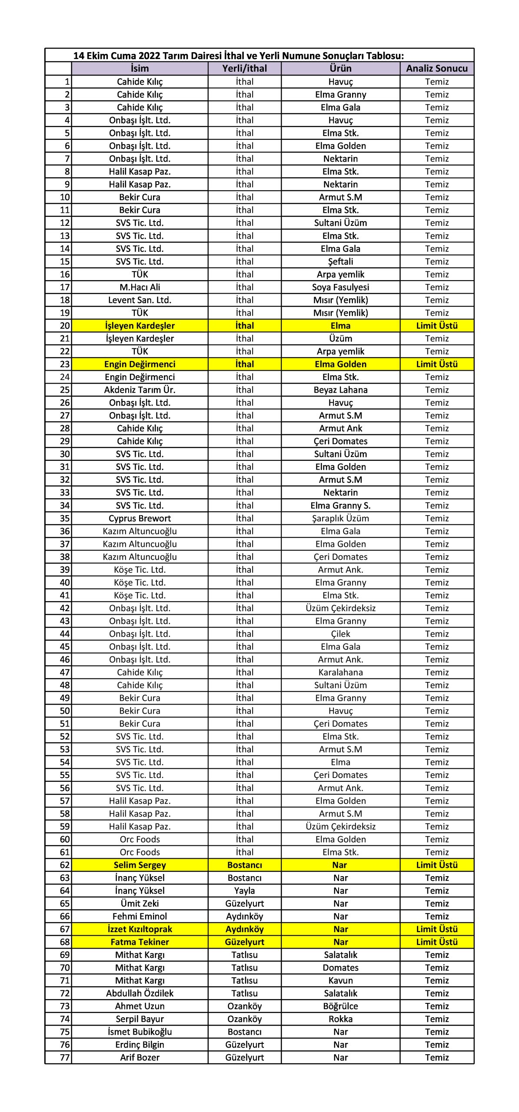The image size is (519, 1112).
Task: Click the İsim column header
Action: [x=140, y=68]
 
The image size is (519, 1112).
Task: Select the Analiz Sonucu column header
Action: [x=436, y=68]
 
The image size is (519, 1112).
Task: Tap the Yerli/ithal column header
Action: [x=244, y=68]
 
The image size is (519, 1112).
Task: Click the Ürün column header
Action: [x=340, y=68]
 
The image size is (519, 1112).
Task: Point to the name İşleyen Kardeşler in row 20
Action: [x=140, y=325]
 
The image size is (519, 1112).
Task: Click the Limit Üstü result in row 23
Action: [x=436, y=364]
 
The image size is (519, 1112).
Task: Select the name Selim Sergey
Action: [x=140, y=865]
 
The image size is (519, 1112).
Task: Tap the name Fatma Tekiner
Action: [x=140, y=942]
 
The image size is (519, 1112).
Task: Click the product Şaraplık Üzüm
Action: [x=340, y=518]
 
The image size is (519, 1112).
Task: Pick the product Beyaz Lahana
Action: [x=340, y=390]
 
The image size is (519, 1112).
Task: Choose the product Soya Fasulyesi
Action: [x=340, y=287]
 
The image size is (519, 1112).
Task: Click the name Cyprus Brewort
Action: [x=140, y=518]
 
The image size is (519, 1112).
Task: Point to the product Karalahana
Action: [x=340, y=672]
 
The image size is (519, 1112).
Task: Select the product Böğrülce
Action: [x=340, y=1006]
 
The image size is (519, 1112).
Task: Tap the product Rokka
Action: [x=340, y=1019]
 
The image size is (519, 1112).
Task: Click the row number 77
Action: [x=65, y=1057]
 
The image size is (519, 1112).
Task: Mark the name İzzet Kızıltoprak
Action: [x=140, y=929]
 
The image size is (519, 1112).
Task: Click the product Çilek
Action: [x=340, y=634]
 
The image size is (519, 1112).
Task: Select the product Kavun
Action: [x=340, y=980]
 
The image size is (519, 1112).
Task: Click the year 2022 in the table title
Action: [x=150, y=56]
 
